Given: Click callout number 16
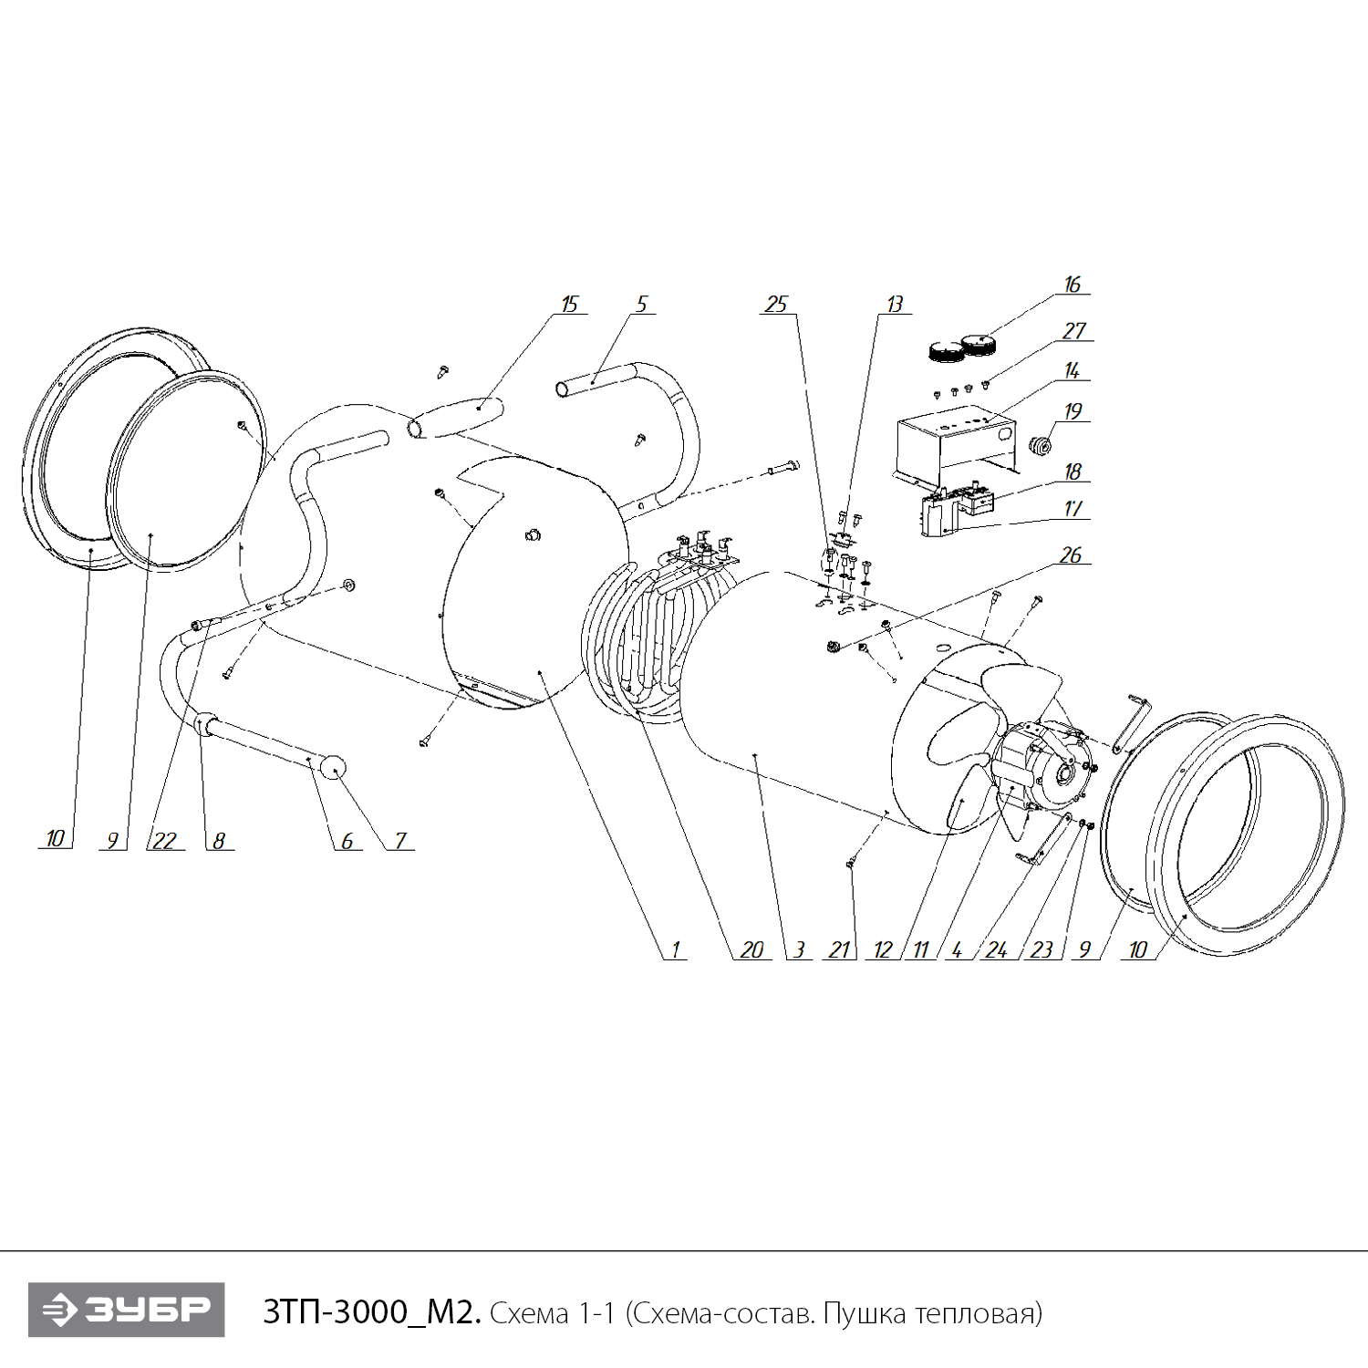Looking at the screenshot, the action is [1073, 285].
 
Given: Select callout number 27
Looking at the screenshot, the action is [1074, 331].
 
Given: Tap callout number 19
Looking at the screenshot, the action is [1073, 411].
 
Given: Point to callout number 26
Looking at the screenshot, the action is [1071, 555].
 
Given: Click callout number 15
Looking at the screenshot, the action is [570, 305].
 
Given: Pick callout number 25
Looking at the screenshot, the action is [776, 305].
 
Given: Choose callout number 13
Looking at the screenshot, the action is [895, 305].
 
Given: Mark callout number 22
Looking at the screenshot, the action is [165, 841].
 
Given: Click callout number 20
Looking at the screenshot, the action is [751, 950].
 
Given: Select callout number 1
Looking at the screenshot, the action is [676, 950].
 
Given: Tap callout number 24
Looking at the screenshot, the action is [997, 950].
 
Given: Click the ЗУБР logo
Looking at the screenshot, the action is [127, 1311].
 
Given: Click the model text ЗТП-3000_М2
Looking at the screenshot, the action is [371, 1312].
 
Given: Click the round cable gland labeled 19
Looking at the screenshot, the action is [1040, 446].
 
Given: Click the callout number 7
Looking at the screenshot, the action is [400, 841].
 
